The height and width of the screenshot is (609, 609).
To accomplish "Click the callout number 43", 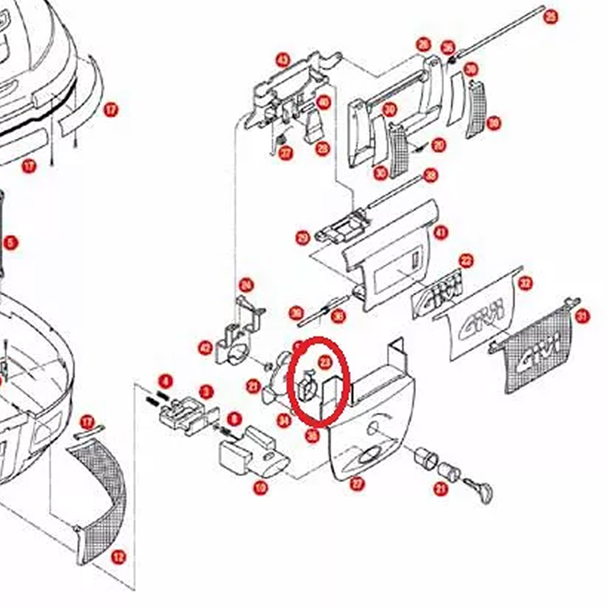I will pos(283,60).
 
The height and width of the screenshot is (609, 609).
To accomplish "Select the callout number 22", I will pos(466,261).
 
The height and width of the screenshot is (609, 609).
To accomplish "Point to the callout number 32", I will pos(526,283).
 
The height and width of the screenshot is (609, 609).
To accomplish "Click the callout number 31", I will pos(583,316).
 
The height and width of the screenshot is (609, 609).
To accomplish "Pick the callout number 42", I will pos(205,348).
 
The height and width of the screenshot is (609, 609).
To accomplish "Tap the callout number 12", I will pos(119,556).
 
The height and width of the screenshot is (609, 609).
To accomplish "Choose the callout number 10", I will pos(261,487).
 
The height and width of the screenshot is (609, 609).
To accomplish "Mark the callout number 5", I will pos(10,243).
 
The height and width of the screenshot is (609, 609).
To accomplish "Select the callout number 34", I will pos(283,420).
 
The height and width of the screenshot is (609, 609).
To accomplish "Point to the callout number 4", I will pos(164,382).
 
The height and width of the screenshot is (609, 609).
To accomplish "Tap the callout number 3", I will pos(206,392).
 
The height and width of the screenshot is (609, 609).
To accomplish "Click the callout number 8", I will pos(233,418).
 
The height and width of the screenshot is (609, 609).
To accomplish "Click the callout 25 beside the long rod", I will pos(551,17).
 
